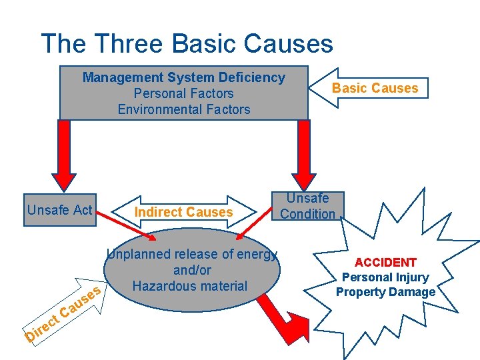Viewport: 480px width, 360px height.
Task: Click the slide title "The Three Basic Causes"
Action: (187, 44)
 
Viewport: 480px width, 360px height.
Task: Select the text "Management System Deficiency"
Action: (183, 77)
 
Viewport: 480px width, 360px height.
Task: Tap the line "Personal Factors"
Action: (183, 93)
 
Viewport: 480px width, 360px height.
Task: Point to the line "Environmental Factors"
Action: (183, 109)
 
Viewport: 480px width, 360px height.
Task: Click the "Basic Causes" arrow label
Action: (375, 88)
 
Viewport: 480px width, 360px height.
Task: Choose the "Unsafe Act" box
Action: (59, 211)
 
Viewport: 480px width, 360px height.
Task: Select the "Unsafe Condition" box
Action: (307, 206)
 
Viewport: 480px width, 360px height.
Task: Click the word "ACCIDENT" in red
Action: (385, 263)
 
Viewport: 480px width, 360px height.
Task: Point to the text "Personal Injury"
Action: (385, 277)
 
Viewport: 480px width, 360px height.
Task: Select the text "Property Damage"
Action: (385, 292)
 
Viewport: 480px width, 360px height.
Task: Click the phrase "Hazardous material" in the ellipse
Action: (190, 286)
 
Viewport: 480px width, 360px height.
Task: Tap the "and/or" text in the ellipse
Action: (192, 270)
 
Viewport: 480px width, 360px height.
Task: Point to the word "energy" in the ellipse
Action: (256, 254)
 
